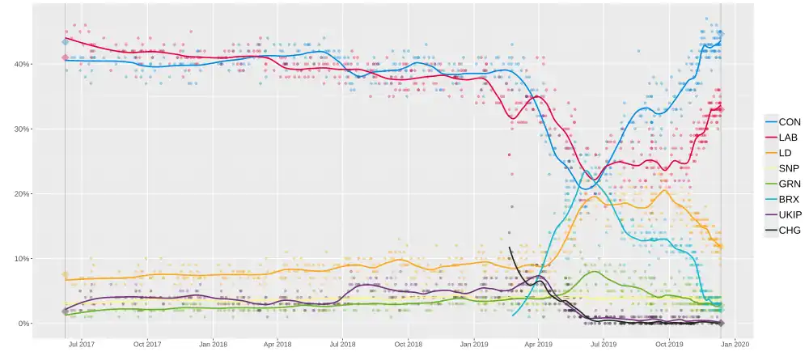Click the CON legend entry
coord(783,122)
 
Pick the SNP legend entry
coord(783,168)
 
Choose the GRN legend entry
coord(783,184)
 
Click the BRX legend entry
coord(783,199)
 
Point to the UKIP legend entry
coord(783,214)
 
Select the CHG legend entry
coord(783,230)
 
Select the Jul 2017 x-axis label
coord(82,344)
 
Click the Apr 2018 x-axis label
coord(277,344)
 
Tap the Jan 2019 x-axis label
coord(474,344)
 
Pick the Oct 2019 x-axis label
coord(669,344)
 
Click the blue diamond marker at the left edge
coord(66,41)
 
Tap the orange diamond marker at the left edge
coord(66,274)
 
